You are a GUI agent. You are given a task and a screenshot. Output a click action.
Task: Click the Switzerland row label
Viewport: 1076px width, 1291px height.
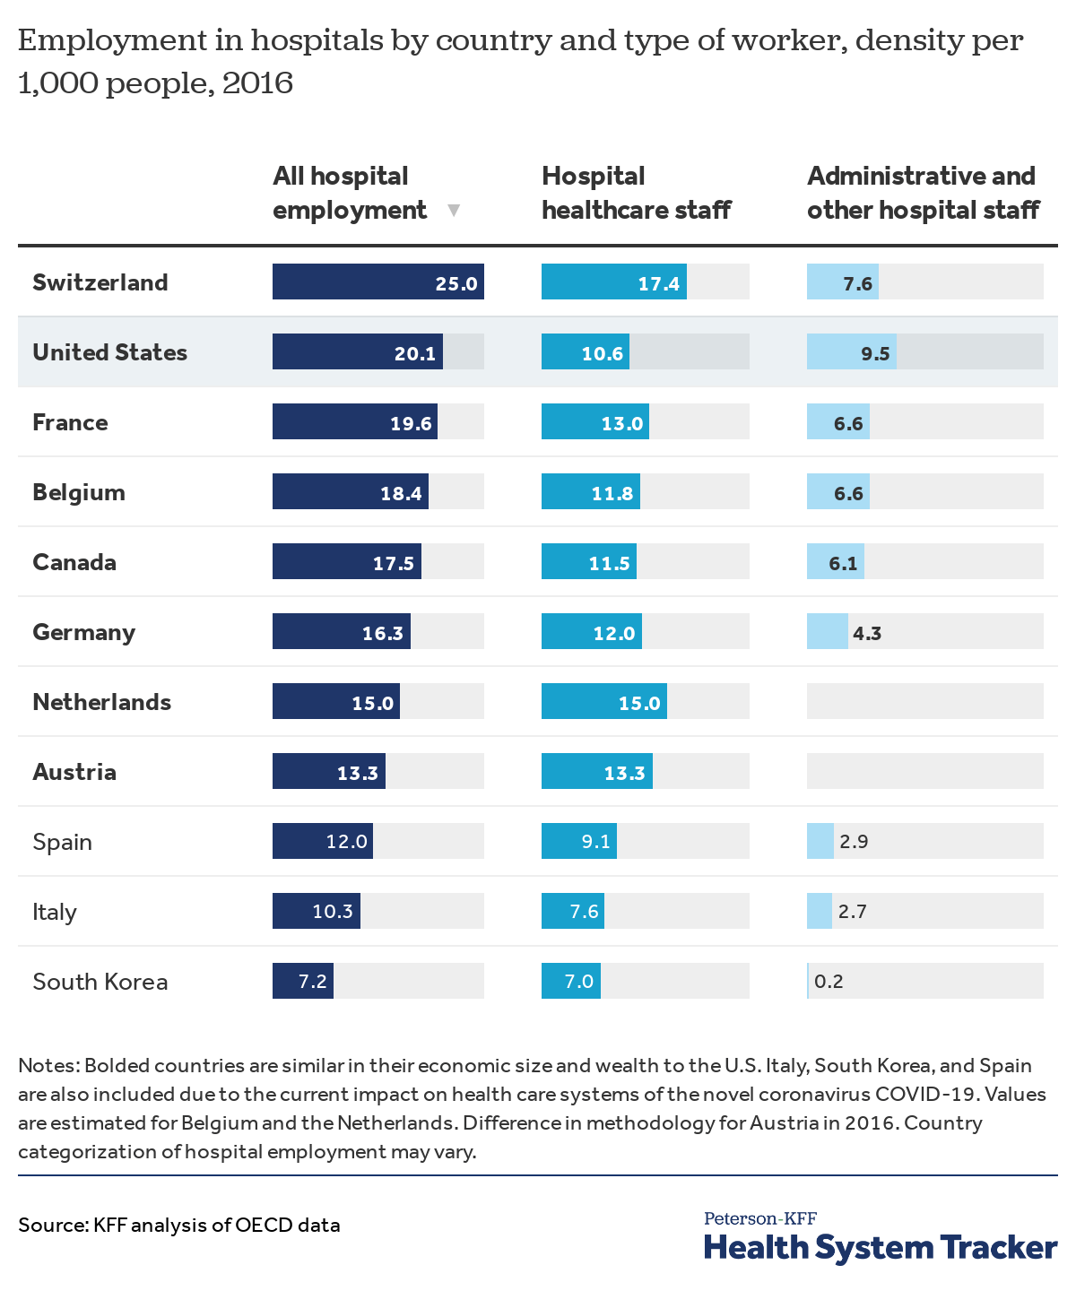pos(100,282)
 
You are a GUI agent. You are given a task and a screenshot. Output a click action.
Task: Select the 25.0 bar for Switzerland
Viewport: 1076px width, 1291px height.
pos(377,282)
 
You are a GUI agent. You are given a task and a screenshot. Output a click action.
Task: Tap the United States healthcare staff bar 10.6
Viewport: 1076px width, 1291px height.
pos(586,351)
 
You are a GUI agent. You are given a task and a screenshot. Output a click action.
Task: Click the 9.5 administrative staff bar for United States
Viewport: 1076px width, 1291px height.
pos(851,351)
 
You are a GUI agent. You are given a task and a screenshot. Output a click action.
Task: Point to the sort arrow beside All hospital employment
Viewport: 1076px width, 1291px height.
pos(454,211)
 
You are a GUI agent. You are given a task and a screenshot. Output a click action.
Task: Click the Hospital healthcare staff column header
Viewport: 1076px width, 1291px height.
pos(636,193)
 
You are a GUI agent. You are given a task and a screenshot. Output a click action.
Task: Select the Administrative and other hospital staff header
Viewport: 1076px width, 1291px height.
pos(923,193)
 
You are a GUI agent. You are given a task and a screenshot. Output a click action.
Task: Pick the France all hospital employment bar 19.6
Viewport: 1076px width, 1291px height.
pos(355,421)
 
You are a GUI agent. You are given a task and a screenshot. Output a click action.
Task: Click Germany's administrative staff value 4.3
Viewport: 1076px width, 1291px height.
pos(867,633)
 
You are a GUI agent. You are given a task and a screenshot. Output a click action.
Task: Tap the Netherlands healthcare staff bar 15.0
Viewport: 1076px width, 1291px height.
pos(604,701)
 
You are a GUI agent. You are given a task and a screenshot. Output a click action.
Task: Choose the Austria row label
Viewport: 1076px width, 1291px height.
pos(74,772)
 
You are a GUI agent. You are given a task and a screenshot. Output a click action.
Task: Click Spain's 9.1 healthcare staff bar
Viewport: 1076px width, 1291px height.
pos(579,841)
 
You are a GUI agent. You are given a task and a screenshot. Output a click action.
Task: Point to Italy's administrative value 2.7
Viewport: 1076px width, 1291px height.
pos(852,912)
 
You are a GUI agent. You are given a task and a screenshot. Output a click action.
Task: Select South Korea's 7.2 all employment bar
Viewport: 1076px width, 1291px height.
pos(303,981)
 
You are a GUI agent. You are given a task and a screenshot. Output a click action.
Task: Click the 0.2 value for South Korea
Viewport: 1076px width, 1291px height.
pos(829,982)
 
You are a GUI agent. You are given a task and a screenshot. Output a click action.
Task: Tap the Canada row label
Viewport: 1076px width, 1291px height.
pos(74,562)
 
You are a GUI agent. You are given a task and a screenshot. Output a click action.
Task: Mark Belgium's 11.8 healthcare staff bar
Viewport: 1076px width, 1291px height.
pos(591,491)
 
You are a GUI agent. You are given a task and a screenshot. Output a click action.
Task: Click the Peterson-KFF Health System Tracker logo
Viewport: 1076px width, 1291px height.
pos(880,1237)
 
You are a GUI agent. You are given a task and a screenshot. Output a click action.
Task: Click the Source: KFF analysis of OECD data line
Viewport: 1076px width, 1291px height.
pos(179,1225)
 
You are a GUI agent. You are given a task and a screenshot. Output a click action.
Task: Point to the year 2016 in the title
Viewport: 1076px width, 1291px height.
pos(257,83)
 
